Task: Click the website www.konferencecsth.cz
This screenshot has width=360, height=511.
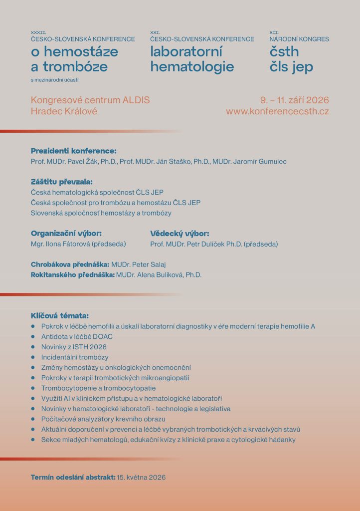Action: (277, 111)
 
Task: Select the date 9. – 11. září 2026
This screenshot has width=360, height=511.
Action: (294, 100)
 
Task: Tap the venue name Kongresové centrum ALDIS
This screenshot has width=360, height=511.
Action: (90, 100)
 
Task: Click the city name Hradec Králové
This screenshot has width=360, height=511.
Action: (64, 111)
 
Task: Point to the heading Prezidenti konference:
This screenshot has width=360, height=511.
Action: (73, 151)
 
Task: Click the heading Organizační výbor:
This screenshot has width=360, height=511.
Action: (66, 233)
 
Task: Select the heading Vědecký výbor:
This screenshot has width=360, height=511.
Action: (180, 233)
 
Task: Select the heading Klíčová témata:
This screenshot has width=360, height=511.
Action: (60, 315)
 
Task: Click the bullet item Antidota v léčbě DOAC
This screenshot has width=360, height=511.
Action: (77, 336)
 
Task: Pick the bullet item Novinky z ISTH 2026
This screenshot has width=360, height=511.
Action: (74, 347)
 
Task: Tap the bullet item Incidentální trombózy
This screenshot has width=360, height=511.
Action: (75, 357)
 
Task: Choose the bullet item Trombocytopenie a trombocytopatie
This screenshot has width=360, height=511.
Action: (99, 388)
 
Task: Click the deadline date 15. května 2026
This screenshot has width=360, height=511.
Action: (141, 478)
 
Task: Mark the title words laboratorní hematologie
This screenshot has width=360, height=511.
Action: (192, 59)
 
